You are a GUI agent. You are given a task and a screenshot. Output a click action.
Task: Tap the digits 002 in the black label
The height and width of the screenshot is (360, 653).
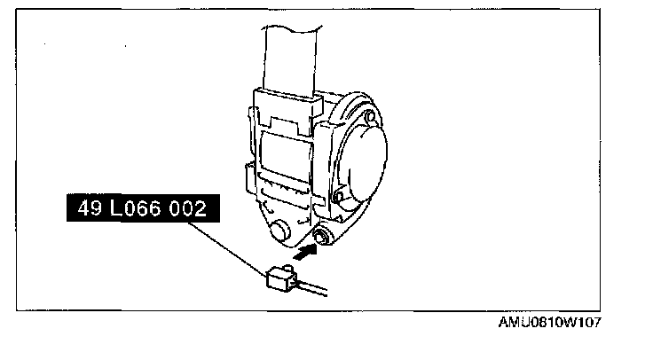pos(187,211)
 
